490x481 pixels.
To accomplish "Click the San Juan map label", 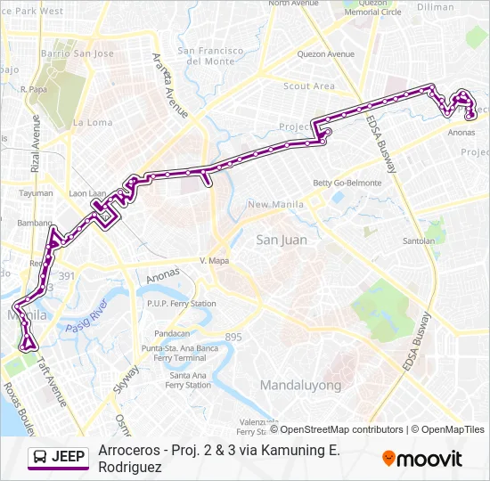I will click(x=282, y=240).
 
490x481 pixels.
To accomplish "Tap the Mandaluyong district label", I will click(x=300, y=385).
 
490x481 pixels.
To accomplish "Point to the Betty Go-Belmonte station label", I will click(x=347, y=183).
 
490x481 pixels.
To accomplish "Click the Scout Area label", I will click(x=309, y=86).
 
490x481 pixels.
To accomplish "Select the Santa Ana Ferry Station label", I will click(x=187, y=380).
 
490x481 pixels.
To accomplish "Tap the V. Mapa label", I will click(x=216, y=261).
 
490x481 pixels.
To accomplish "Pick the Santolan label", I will click(x=419, y=240).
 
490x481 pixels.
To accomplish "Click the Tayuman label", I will click(x=36, y=192).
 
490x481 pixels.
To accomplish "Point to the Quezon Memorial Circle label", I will click(x=372, y=8).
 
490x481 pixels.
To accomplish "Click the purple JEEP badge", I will click(x=59, y=458).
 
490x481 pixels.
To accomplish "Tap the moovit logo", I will click(x=422, y=459).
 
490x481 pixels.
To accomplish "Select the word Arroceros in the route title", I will click(x=130, y=450).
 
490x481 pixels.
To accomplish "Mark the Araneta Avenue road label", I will click(x=169, y=86).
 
